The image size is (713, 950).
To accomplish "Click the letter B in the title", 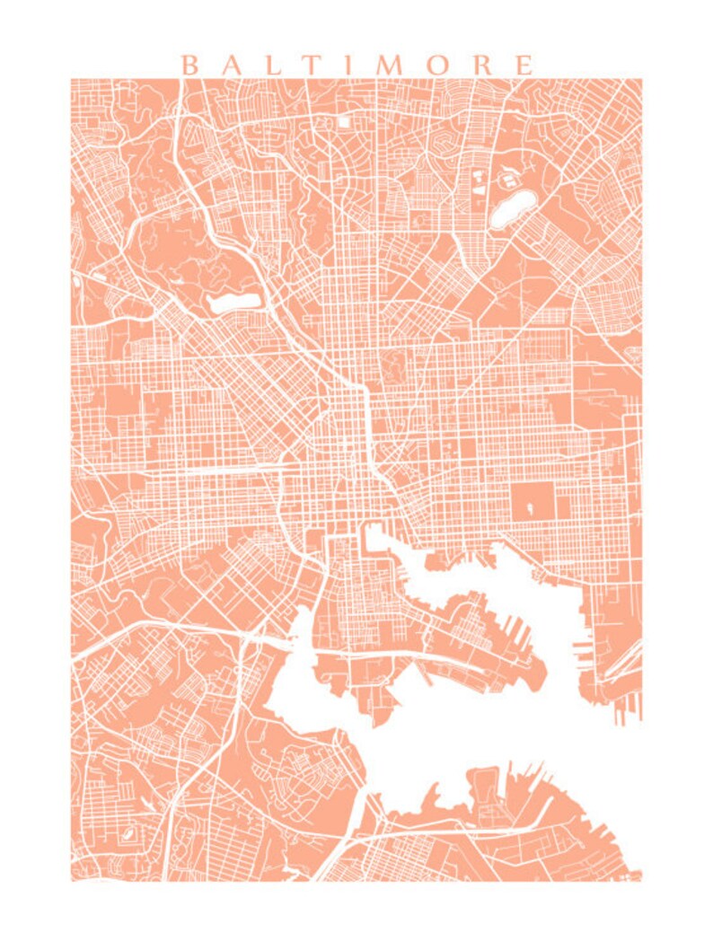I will pyautogui.click(x=189, y=65).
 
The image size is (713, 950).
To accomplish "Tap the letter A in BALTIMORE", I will pyautogui.click(x=233, y=65).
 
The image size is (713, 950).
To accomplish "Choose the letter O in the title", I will pyautogui.click(x=437, y=65).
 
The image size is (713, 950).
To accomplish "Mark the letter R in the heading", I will pyautogui.click(x=481, y=65).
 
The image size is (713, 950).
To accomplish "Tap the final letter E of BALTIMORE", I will pyautogui.click(x=524, y=65).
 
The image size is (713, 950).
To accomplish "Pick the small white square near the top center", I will pyautogui.click(x=344, y=120).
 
